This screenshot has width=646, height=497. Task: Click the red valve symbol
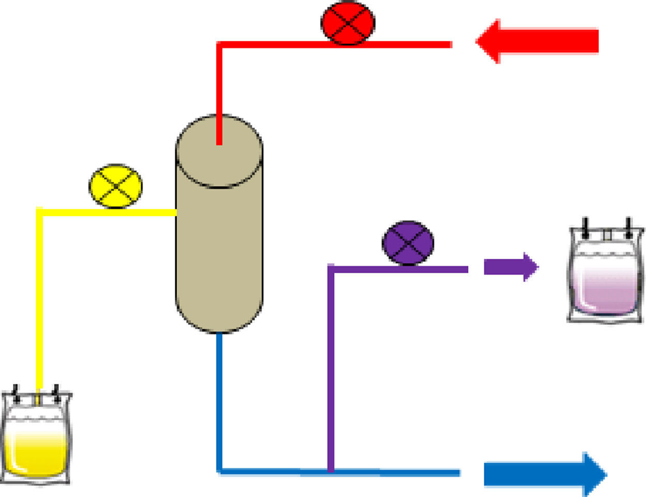coord(348,23)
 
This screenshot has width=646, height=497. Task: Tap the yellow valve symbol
coord(116,186)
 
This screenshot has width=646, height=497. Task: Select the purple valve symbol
coord(408,243)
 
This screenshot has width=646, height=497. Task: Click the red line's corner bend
coord(220,45)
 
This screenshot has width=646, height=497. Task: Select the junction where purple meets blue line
coord(331,471)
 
